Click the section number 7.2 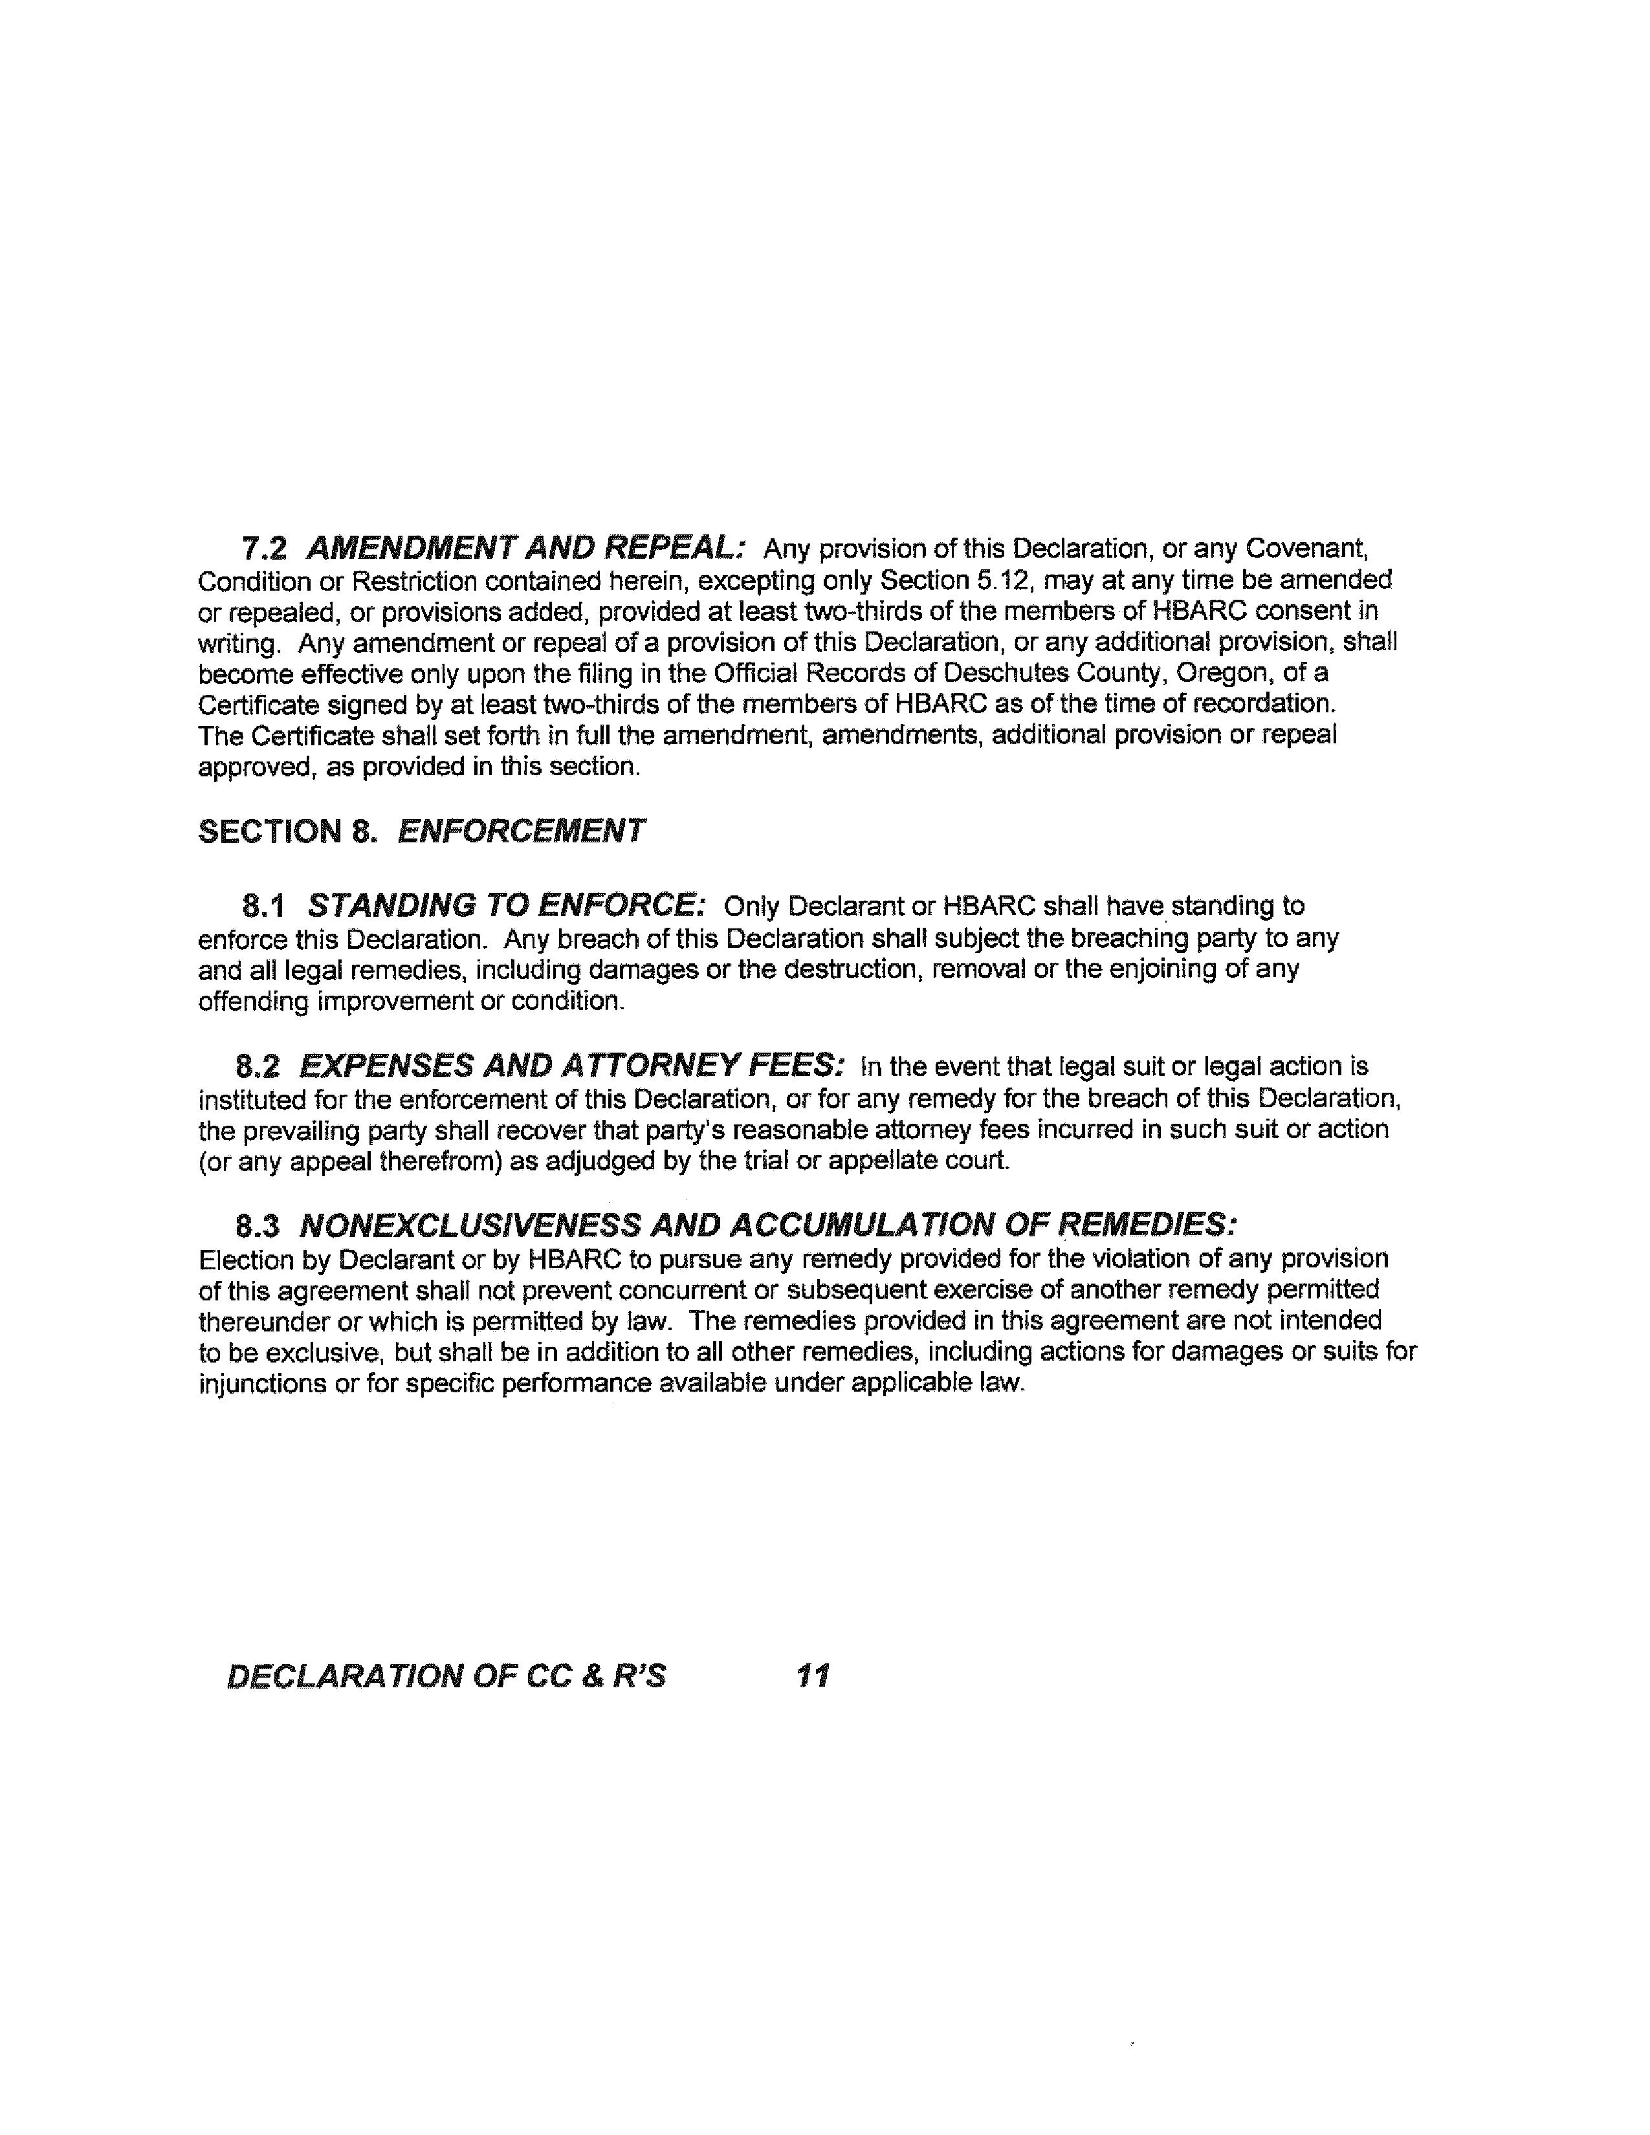[x=264, y=549]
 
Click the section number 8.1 [x=264, y=906]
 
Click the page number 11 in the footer [x=813, y=1676]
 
